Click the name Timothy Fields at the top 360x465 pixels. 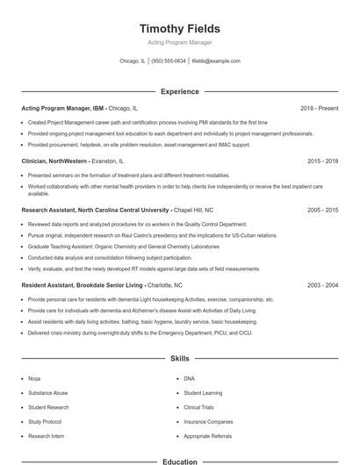[179, 28]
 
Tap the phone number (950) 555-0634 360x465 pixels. [169, 61]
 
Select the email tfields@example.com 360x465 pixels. [216, 61]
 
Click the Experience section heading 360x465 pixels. [179, 91]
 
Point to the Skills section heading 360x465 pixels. [179, 359]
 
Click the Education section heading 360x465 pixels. [179, 461]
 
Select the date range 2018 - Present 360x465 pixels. [319, 108]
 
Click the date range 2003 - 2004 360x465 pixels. [322, 285]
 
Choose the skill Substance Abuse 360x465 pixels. [47, 393]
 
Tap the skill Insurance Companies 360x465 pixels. [208, 422]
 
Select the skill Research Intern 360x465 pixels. [46, 436]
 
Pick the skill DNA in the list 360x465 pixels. [189, 378]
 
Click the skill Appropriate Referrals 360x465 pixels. [208, 436]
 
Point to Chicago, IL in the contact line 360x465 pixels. [133, 61]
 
